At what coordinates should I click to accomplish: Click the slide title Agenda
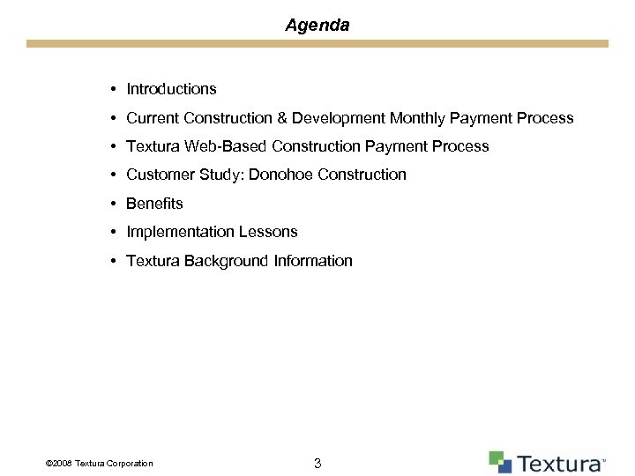coord(317,26)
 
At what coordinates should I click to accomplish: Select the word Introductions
coord(171,89)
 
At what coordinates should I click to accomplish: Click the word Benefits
coord(154,204)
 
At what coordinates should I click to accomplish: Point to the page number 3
coord(317,463)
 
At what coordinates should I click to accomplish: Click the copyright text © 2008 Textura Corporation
coord(98,464)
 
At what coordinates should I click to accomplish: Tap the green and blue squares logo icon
coord(500,462)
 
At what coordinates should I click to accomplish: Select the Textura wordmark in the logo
coord(559,464)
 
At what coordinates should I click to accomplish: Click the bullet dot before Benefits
coord(115,204)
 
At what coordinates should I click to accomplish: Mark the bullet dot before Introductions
coord(115,89)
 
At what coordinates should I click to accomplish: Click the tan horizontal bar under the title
coord(317,43)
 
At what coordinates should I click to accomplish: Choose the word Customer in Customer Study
coord(156,175)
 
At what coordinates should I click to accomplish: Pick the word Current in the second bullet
coord(153,118)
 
